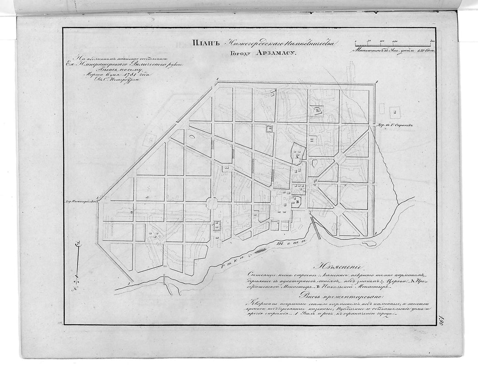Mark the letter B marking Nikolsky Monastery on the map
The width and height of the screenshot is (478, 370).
click(x=298, y=200)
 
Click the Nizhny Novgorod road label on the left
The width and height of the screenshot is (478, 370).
click(x=83, y=201)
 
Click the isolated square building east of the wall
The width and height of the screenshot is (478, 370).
click(x=395, y=112)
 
